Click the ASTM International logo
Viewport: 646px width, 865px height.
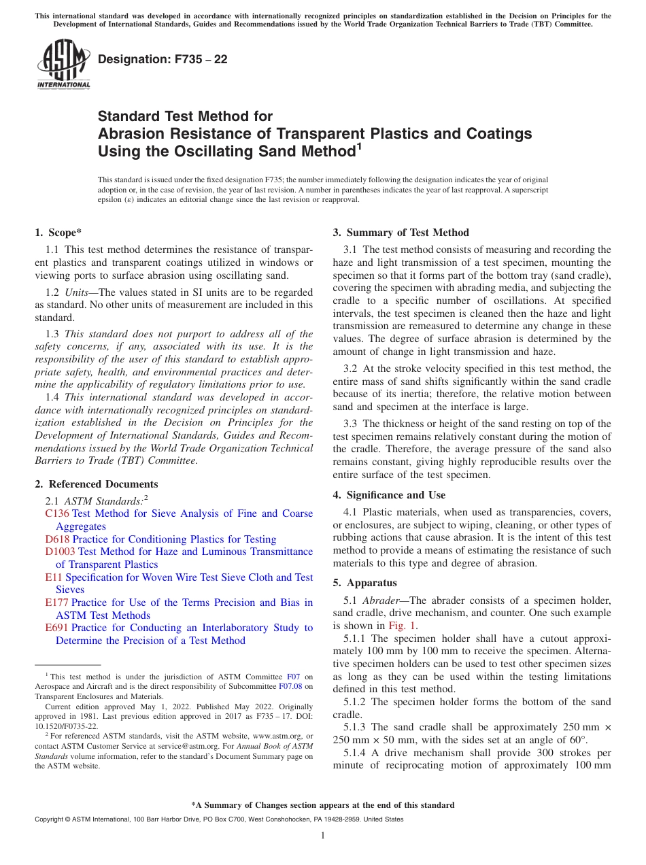pyautogui.click(x=63, y=65)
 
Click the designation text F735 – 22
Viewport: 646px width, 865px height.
pyautogui.click(x=163, y=60)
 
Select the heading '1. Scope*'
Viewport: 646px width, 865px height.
pyautogui.click(x=58, y=233)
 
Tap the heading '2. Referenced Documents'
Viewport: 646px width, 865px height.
pyautogui.click(x=97, y=484)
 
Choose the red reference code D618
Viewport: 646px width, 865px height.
pyautogui.click(x=57, y=539)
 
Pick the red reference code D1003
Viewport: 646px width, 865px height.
pyautogui.click(x=60, y=552)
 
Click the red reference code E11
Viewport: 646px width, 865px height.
pyautogui.click(x=54, y=577)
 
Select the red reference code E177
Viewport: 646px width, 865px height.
pyautogui.click(x=57, y=603)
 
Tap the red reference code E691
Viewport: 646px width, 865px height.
pyautogui.click(x=57, y=628)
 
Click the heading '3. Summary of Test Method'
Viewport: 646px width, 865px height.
pyautogui.click(x=401, y=233)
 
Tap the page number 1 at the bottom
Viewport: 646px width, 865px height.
pyautogui.click(x=323, y=836)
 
